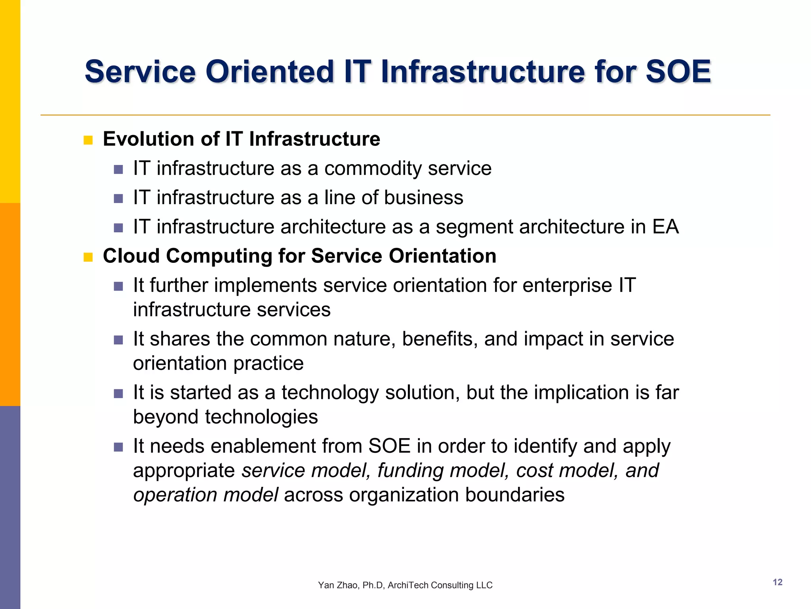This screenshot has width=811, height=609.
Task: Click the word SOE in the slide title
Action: click(x=678, y=72)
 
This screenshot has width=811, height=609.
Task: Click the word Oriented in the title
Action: click(x=270, y=72)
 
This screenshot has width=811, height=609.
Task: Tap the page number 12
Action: click(x=777, y=582)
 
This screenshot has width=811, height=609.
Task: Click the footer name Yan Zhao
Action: click(x=337, y=585)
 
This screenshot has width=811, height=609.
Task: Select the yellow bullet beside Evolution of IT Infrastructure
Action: click(x=88, y=140)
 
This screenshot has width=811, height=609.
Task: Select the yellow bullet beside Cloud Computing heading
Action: click(x=88, y=257)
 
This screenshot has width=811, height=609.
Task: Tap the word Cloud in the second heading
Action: click(x=131, y=256)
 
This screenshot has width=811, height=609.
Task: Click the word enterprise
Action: click(x=567, y=285)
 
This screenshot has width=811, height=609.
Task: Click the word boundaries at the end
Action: click(x=514, y=495)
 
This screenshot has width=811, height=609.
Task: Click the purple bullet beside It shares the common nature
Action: click(x=118, y=340)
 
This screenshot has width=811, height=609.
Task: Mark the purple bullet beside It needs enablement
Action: click(x=118, y=447)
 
